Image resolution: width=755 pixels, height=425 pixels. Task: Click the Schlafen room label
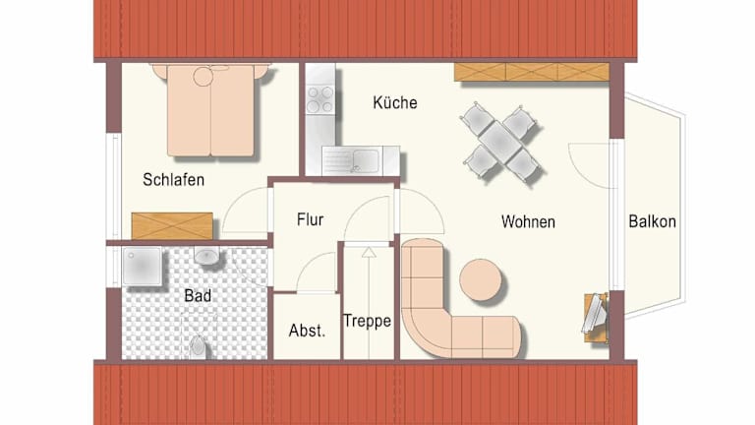click(x=173, y=180)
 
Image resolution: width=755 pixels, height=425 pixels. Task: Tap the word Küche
click(x=395, y=102)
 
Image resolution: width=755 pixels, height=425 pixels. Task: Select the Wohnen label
click(x=528, y=221)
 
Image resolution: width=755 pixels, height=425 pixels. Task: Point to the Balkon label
click(x=652, y=221)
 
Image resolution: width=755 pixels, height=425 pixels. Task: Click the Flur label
click(x=310, y=219)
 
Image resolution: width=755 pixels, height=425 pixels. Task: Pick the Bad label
click(x=198, y=295)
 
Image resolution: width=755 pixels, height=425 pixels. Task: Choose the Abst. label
click(x=307, y=331)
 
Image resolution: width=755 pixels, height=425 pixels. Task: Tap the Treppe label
click(x=367, y=321)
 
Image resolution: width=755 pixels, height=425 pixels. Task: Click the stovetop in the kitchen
click(x=320, y=99)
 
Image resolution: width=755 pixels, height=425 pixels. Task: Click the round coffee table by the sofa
click(x=480, y=280)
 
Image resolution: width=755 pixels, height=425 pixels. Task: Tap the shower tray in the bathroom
click(x=142, y=267)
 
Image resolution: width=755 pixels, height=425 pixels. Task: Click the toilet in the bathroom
click(x=198, y=346)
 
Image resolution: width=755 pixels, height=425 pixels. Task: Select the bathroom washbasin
click(x=207, y=256)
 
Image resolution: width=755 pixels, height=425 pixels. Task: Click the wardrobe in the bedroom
click(x=172, y=226)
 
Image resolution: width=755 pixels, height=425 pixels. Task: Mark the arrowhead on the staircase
click(x=369, y=252)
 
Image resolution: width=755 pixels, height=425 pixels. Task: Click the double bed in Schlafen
click(x=210, y=110)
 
